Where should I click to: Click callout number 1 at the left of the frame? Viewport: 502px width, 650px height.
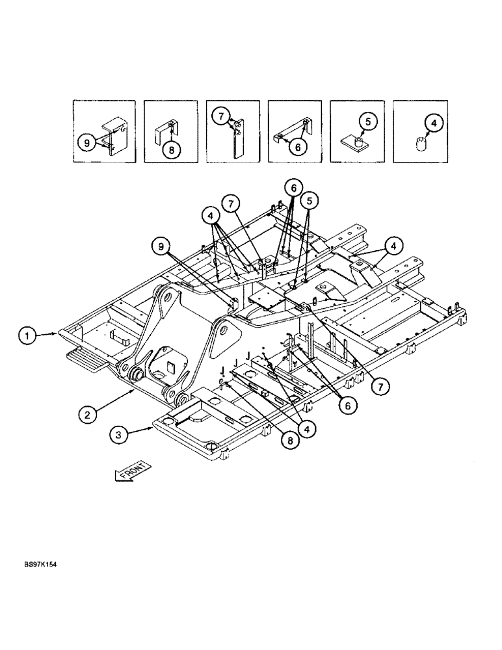coord(27,335)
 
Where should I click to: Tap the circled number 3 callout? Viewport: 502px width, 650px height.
coord(118,435)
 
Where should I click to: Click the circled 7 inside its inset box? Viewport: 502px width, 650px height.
coord(222,117)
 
